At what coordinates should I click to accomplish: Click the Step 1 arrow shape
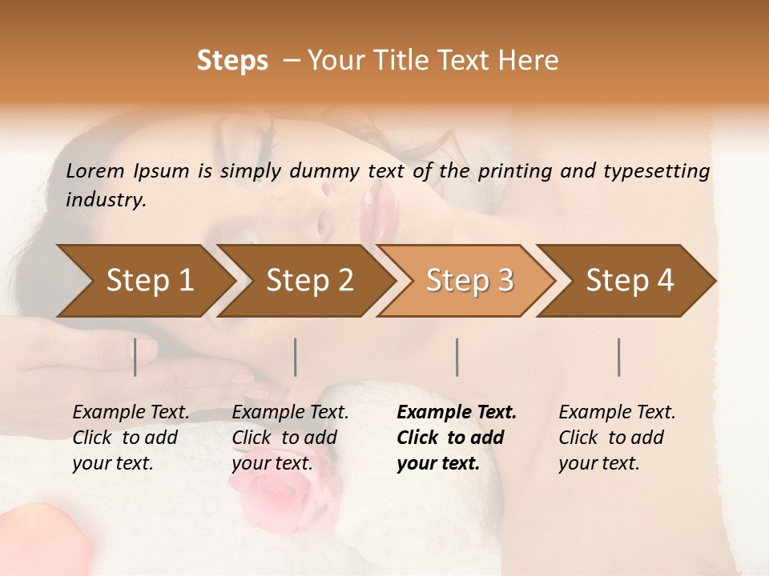(x=144, y=281)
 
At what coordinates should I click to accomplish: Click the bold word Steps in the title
(x=232, y=61)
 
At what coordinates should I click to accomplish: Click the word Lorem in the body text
(x=95, y=170)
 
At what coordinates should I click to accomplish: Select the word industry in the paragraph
(x=106, y=200)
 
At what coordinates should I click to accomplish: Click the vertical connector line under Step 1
(x=135, y=357)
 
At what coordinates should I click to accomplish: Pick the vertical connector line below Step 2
(x=296, y=357)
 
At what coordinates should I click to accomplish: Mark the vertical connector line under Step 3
(x=457, y=357)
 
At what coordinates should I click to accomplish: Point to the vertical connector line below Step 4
(x=618, y=357)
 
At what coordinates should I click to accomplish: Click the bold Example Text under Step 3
(x=457, y=413)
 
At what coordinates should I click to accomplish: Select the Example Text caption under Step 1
(x=131, y=413)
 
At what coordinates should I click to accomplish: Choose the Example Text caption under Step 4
(x=617, y=413)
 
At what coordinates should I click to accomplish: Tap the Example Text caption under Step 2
(x=290, y=413)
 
